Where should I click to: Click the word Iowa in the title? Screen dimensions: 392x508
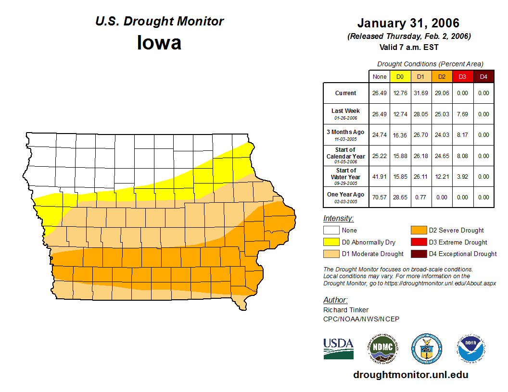(x=159, y=43)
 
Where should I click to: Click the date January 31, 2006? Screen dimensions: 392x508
(x=408, y=23)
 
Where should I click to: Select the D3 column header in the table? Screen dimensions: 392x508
(x=462, y=76)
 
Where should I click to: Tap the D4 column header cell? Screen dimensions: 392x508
(x=483, y=76)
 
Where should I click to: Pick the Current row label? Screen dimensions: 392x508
(x=346, y=93)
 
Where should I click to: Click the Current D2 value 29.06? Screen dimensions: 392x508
(x=441, y=93)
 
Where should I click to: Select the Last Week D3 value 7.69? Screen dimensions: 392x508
(x=462, y=114)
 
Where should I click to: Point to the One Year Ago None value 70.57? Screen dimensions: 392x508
(x=379, y=197)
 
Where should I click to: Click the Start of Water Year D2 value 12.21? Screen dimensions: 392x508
(x=441, y=176)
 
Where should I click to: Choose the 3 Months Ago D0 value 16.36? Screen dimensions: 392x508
(x=400, y=135)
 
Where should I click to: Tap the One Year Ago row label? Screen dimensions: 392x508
(x=346, y=195)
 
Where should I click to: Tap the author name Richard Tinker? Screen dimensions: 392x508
(x=346, y=310)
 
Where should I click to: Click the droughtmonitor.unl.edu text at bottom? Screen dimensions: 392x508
(x=410, y=375)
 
